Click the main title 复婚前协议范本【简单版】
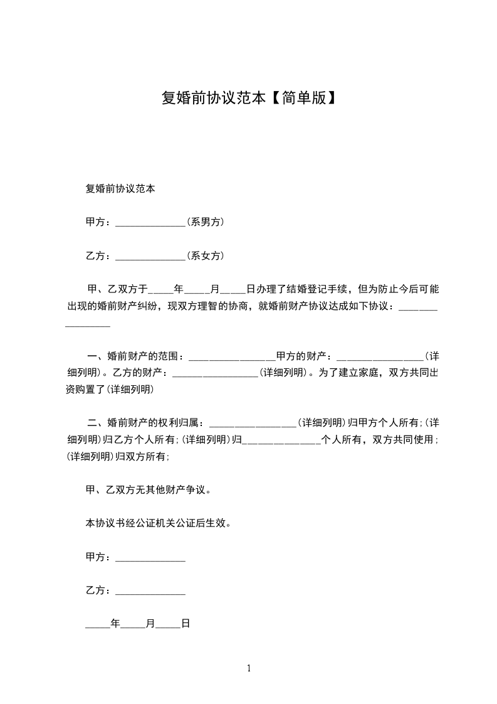249,99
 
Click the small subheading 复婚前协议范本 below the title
120,188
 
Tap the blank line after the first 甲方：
150,223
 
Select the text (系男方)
206,222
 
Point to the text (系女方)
206,256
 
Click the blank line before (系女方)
150,257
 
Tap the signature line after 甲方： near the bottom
150,558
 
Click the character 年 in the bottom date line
115,624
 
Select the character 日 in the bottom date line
185,624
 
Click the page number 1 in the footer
249,669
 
